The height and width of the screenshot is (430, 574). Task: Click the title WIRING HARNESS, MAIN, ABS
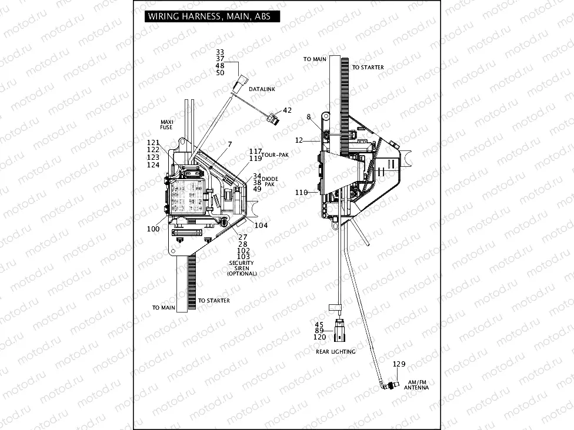[209, 16]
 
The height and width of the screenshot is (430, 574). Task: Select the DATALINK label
[262, 89]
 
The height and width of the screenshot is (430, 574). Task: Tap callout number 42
[287, 110]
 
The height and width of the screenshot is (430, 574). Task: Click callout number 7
[230, 144]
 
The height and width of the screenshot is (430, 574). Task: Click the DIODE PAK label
[270, 181]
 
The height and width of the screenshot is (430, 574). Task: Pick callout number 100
[153, 229]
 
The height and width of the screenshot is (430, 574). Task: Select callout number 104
[261, 225]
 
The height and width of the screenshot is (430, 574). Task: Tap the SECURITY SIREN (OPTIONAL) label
[242, 268]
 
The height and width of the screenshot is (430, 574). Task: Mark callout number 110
[301, 192]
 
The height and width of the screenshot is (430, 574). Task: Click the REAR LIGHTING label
[335, 351]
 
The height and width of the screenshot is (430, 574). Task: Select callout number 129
[399, 364]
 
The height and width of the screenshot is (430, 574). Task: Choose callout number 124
[153, 165]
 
